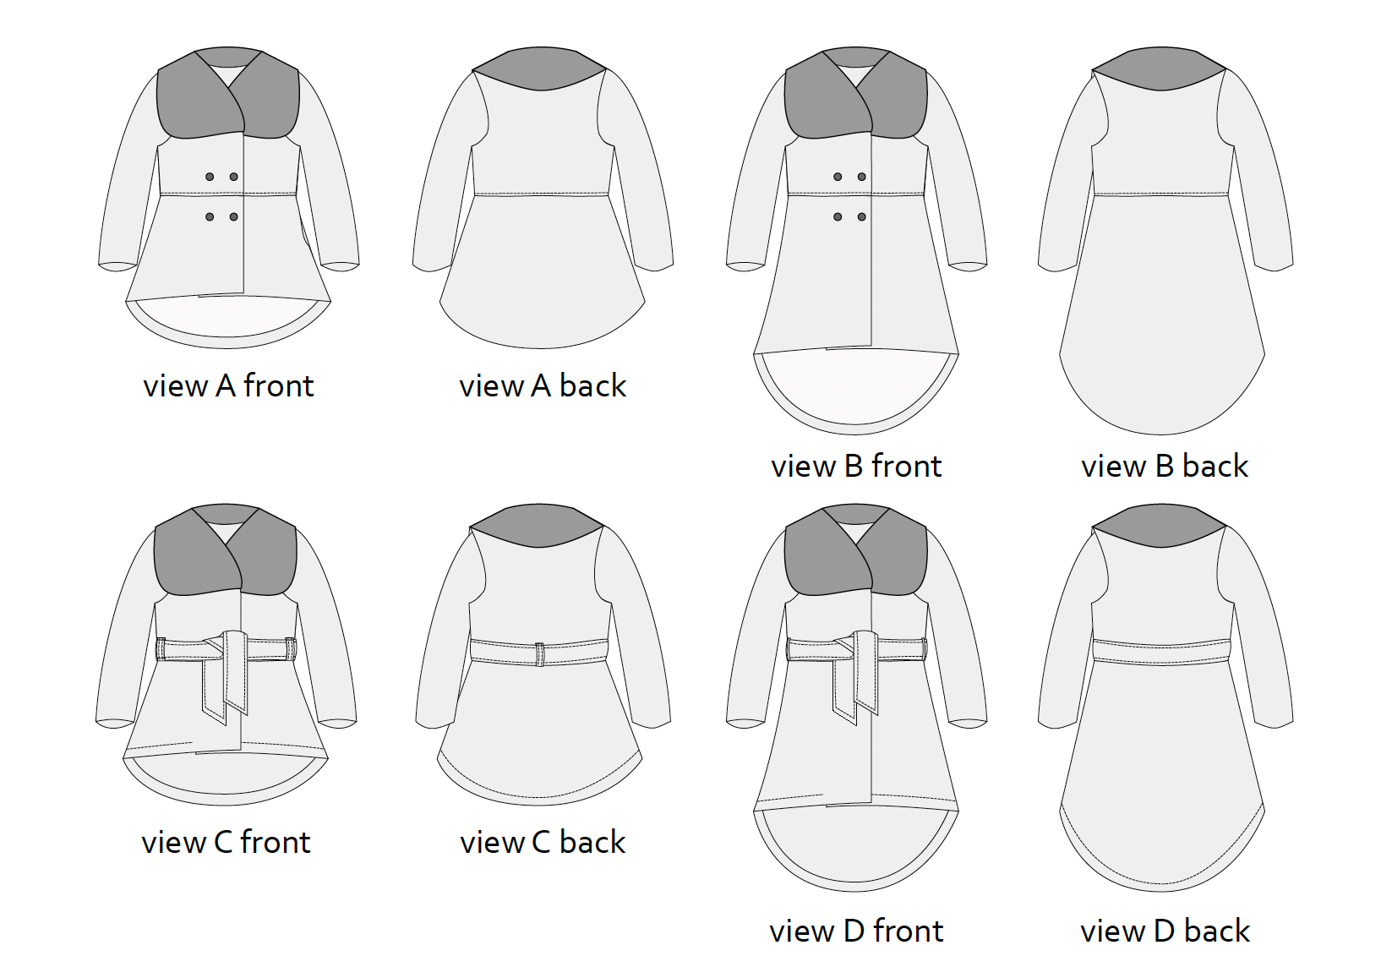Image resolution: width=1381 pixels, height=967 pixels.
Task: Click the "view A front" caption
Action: [x=228, y=386]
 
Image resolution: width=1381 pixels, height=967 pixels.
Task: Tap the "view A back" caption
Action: [x=543, y=386]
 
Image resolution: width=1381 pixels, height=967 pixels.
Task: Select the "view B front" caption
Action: [x=856, y=467]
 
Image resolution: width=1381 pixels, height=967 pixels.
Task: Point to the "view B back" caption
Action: [x=1165, y=467]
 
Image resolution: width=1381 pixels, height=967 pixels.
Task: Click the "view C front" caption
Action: [x=226, y=843]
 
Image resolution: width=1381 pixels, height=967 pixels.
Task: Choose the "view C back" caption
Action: [x=543, y=843]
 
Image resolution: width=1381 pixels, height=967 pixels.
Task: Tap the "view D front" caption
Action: [x=856, y=931]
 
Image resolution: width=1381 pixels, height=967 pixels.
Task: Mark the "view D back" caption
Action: [x=1165, y=931]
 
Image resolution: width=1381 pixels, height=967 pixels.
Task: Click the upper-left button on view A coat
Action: [x=210, y=177]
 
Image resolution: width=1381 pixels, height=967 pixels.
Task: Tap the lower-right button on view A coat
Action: [x=234, y=217]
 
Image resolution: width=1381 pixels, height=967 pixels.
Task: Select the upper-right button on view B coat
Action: [x=862, y=177]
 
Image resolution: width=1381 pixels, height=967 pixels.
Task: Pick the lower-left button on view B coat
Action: [x=838, y=217]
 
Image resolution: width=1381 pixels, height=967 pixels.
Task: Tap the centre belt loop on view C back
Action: [x=540, y=654]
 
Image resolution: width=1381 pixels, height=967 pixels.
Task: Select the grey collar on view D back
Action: [x=1160, y=527]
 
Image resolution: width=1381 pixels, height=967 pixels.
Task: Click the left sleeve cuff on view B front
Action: [x=745, y=267]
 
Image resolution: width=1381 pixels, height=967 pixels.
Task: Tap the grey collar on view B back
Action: [x=1160, y=68]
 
